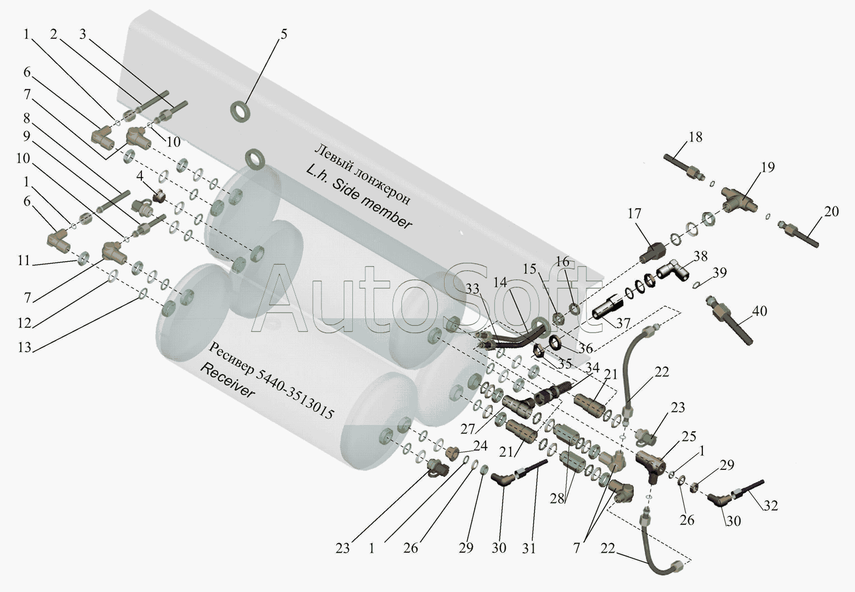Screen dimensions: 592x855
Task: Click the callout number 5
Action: click(283, 34)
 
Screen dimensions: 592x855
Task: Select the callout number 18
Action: click(695, 137)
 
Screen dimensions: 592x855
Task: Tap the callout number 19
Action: click(768, 167)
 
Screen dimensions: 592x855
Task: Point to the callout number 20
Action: click(831, 212)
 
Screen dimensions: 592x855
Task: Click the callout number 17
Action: click(634, 213)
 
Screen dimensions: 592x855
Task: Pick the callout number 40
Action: click(759, 311)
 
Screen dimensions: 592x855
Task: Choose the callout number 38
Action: click(700, 256)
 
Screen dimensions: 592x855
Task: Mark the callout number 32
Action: click(771, 505)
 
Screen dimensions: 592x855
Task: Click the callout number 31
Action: click(529, 548)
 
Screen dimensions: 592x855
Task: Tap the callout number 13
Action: click(24, 347)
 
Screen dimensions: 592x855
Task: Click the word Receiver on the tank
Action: click(227, 382)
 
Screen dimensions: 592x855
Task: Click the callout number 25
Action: click(689, 436)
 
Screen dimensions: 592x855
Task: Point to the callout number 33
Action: click(472, 289)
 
